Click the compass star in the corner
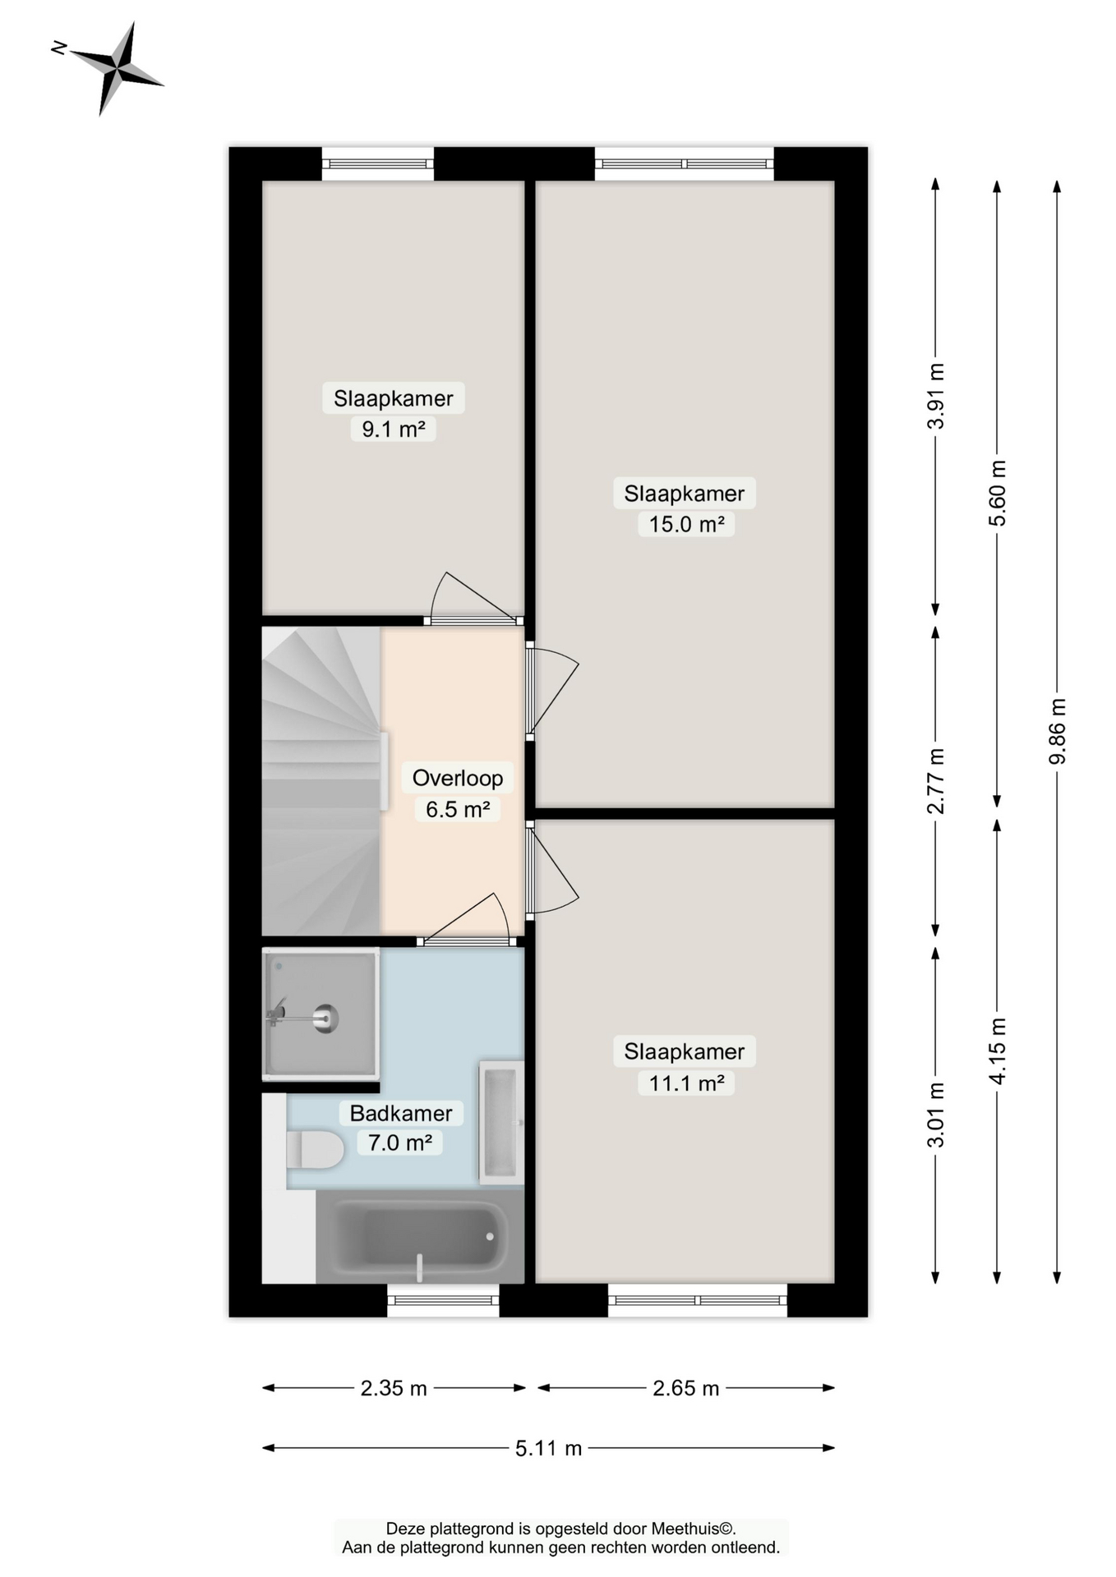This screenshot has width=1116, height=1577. click(x=116, y=70)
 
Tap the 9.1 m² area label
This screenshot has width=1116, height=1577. click(x=393, y=429)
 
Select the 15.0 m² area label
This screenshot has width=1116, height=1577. click(x=685, y=524)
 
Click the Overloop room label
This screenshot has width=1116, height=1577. click(x=457, y=778)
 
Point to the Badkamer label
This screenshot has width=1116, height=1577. click(x=401, y=1113)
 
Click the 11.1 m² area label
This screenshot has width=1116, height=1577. click(x=685, y=1083)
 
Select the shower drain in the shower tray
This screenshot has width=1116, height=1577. click(x=326, y=1018)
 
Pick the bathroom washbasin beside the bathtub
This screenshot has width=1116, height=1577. click(x=501, y=1121)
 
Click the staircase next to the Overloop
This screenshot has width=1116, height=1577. click(x=321, y=780)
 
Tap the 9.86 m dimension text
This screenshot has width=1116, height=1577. click(x=1058, y=731)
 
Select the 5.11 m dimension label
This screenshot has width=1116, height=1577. click(x=548, y=1448)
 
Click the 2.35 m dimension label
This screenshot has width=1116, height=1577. click(x=394, y=1388)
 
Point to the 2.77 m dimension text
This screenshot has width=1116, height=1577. click(x=935, y=780)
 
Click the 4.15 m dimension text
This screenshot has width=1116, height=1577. click(x=997, y=1051)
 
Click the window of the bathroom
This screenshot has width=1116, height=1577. click(x=443, y=1300)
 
